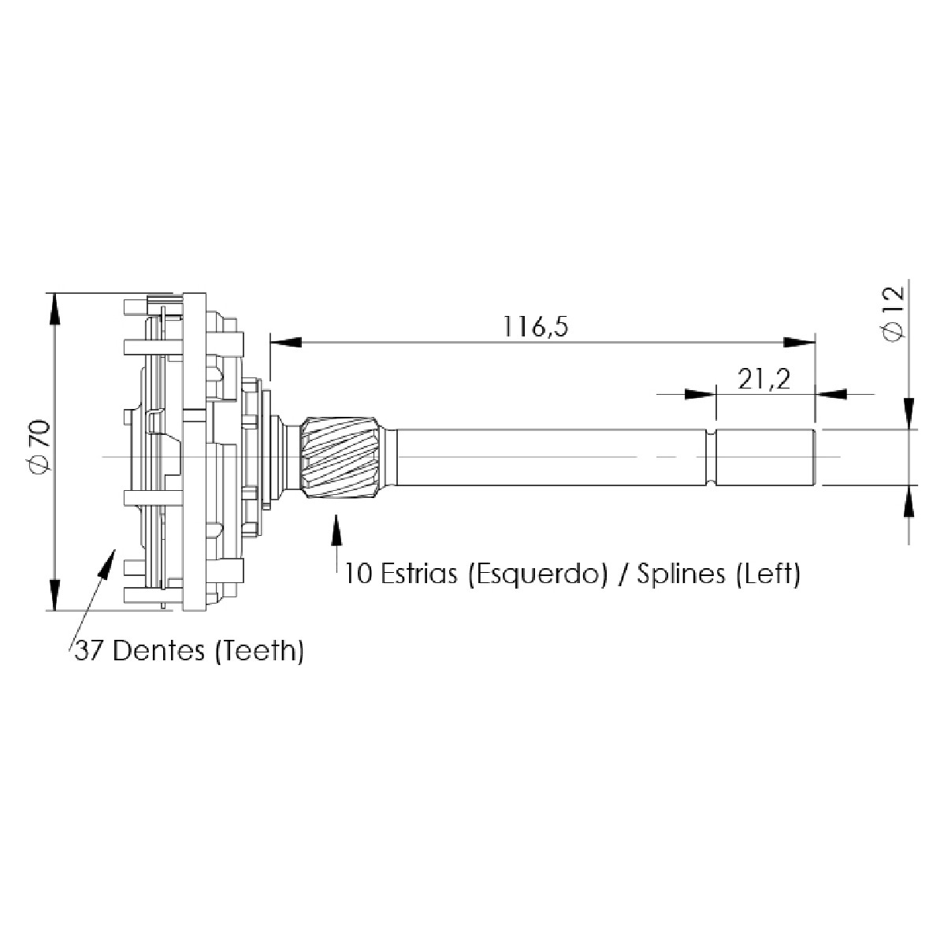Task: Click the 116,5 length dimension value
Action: pos(535,326)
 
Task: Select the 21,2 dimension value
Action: pos(764,379)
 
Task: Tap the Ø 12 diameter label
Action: pos(894,313)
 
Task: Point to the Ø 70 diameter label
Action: pos(42,445)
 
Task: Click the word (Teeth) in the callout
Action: pos(259,651)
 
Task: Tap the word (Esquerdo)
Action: pos(538,574)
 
